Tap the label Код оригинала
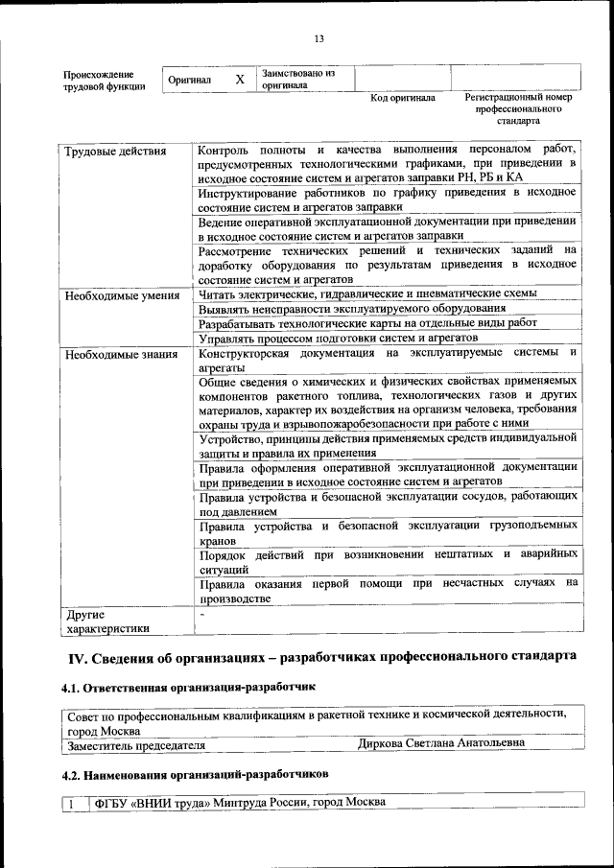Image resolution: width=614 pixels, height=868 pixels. point(403,98)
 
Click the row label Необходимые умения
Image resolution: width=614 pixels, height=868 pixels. point(122,295)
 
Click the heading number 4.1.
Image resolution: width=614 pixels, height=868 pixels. point(73,688)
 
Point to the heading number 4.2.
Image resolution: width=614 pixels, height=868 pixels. point(73,773)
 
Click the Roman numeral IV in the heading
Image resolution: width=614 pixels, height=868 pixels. point(76,657)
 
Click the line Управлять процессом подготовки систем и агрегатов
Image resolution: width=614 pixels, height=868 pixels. point(338,338)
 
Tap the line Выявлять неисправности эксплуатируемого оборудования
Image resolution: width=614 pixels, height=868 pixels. point(351,308)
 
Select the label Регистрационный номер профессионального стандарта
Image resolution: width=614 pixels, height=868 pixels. point(518,109)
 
